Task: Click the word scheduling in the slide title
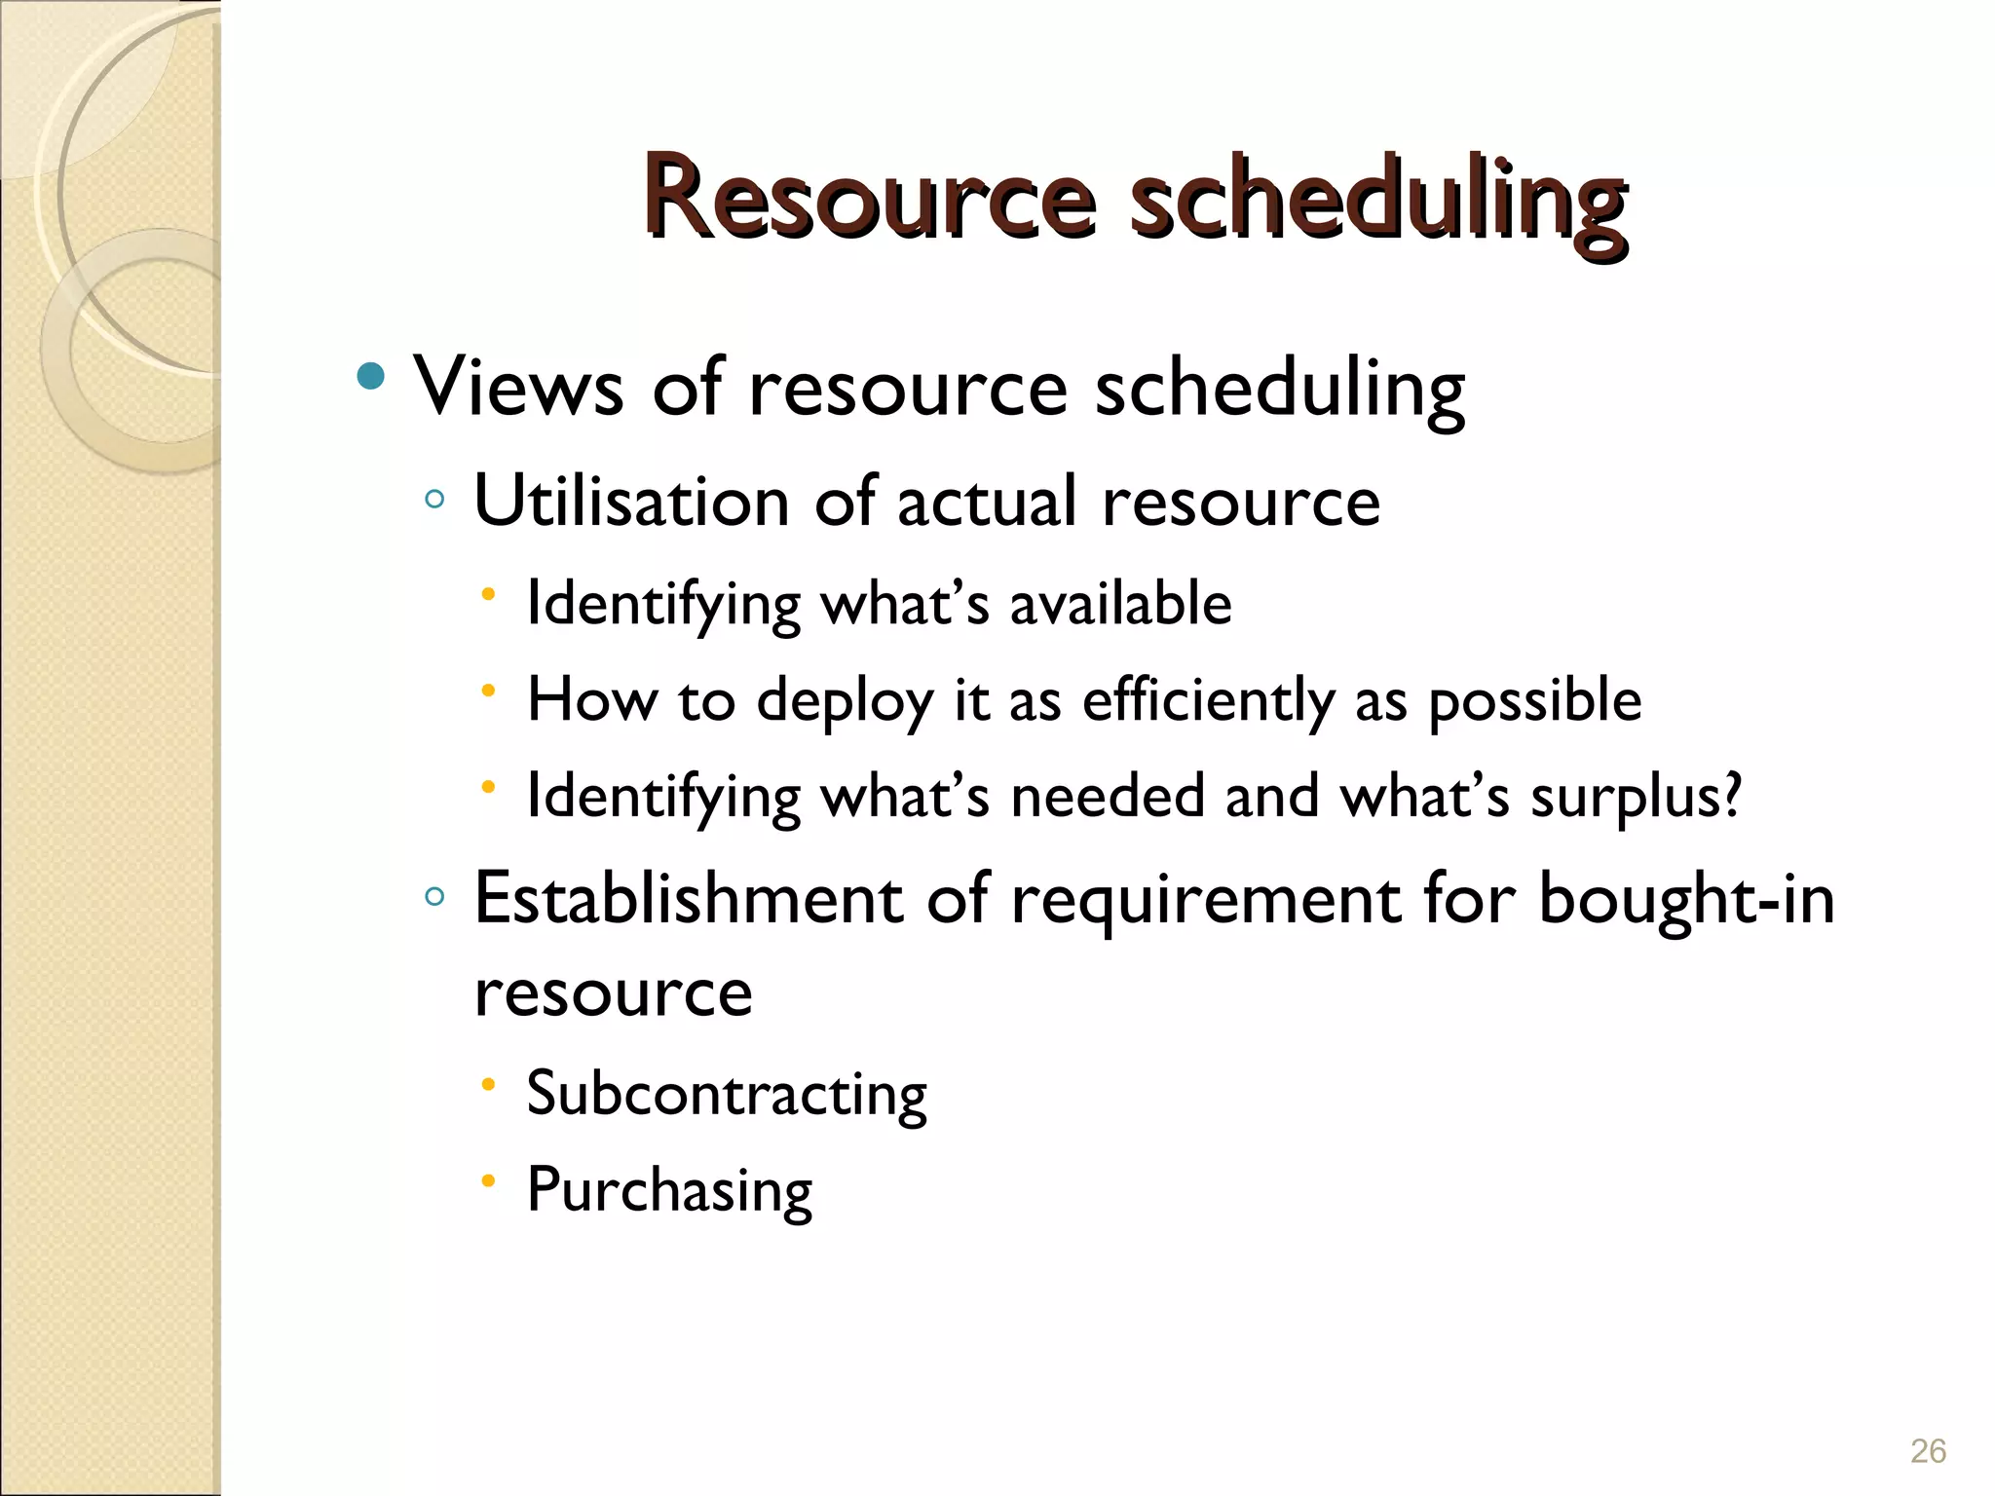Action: pos(1377,203)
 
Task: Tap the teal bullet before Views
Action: pos(371,376)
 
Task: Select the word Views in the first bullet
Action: pos(518,387)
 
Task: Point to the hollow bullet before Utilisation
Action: pos(434,501)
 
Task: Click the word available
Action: pos(1120,603)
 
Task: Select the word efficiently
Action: pos(1209,701)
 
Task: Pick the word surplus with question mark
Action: pos(1636,797)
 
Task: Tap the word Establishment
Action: pos(688,898)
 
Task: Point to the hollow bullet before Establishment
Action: pos(434,896)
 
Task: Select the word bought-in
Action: pos(1686,898)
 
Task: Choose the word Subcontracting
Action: pos(727,1094)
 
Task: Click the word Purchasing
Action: pos(669,1190)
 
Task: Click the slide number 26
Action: pos(1928,1451)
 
